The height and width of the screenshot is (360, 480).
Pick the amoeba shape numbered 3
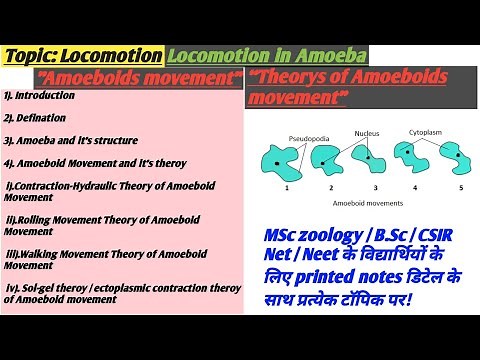coord(369,157)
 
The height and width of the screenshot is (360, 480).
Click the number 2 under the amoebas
coord(321,188)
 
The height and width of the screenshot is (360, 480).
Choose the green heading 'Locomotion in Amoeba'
coord(266,53)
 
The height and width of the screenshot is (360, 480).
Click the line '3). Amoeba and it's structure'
coord(70,140)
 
